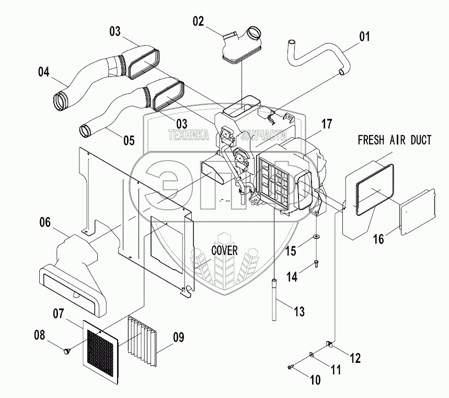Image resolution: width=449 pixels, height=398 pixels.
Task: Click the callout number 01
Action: coord(364,37)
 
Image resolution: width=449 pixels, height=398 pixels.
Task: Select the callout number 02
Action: coord(198,21)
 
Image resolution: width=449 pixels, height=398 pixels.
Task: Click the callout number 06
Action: coord(45,223)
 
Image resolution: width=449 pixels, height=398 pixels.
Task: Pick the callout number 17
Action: coord(326,125)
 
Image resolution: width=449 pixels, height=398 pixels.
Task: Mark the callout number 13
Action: coord(298,312)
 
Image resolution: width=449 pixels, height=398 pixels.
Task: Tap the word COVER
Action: coord(224,250)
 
